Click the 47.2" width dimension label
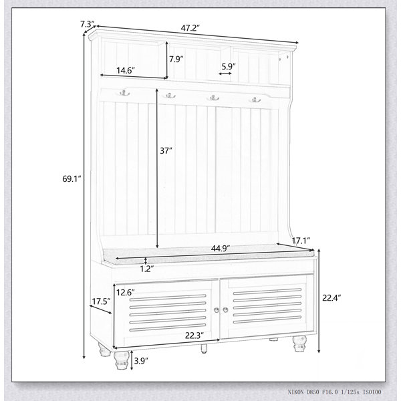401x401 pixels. (190, 28)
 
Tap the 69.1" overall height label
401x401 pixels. (72, 178)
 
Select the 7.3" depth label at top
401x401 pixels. (88, 24)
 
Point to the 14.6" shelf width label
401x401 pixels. (126, 70)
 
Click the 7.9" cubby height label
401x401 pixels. (176, 59)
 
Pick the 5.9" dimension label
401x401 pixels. (229, 66)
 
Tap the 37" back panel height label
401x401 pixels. (166, 151)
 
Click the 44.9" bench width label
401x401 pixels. (221, 249)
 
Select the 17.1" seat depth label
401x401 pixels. (301, 241)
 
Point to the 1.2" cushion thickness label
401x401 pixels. (147, 269)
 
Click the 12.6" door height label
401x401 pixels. (126, 292)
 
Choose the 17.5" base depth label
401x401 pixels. (101, 301)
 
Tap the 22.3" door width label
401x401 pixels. (194, 336)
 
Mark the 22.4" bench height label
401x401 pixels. (331, 298)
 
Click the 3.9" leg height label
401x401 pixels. (141, 361)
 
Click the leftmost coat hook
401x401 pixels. (124, 93)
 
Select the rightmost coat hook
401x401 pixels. (255, 100)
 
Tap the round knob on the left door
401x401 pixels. (217, 310)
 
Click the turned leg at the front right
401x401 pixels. (299, 344)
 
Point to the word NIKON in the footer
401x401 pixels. (296, 392)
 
